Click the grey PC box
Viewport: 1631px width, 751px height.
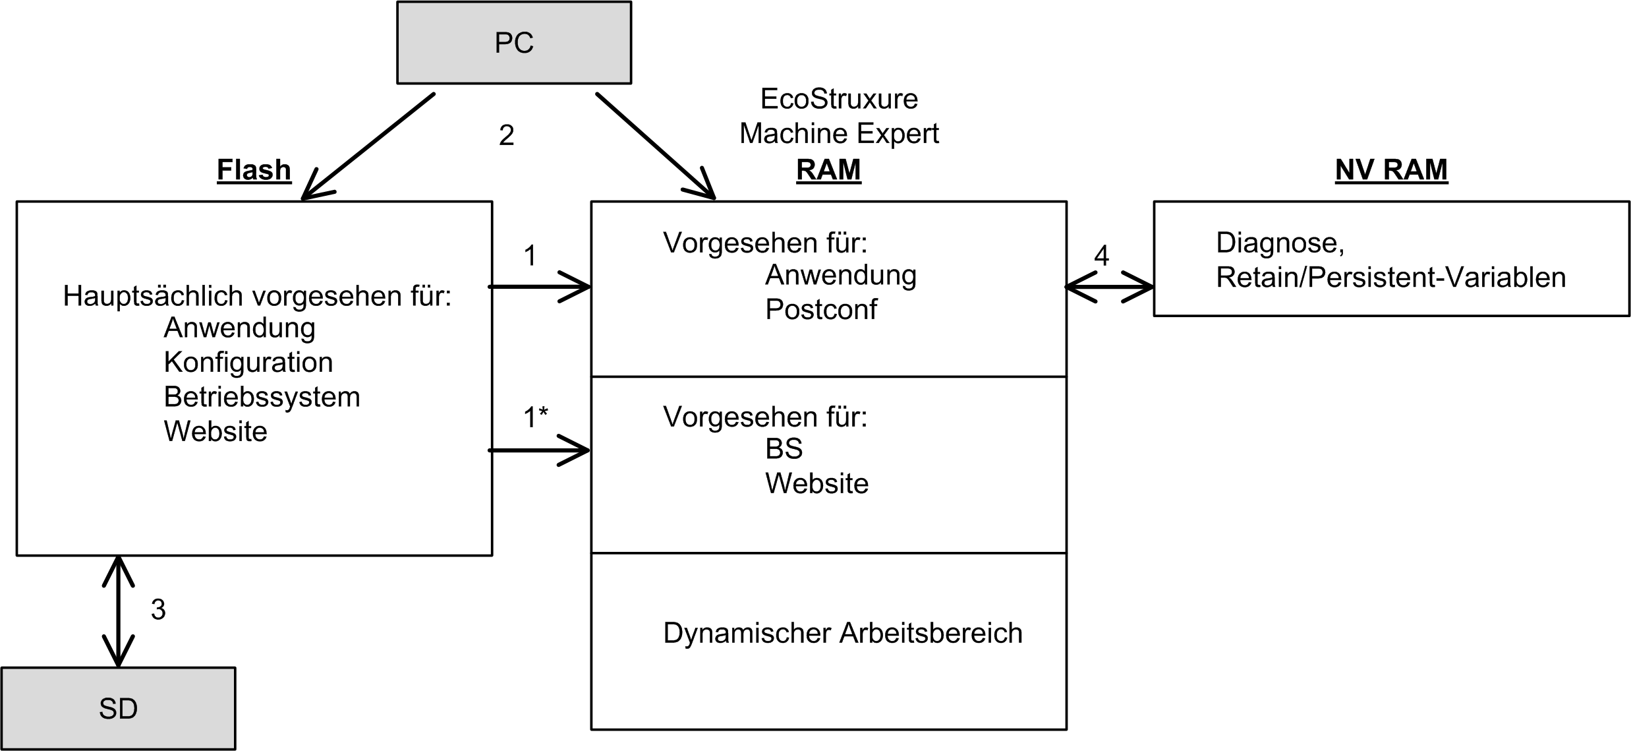(513, 43)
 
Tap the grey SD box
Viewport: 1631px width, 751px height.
(118, 708)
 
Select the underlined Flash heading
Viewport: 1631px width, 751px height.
(254, 170)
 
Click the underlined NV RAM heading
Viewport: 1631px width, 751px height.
(1391, 170)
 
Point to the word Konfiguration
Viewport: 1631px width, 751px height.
(248, 362)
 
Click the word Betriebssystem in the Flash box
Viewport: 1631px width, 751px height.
(262, 397)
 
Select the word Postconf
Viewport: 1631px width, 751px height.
(821, 309)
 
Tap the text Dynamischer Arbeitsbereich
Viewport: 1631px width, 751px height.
(842, 633)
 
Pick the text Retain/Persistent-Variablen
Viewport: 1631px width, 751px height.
(1390, 278)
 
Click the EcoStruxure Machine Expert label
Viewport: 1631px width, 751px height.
(839, 116)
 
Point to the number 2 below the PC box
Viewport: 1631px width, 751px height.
(506, 135)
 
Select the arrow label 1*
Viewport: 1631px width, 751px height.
(535, 417)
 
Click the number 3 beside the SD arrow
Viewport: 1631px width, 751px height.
(158, 610)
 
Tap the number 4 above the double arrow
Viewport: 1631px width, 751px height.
(1101, 256)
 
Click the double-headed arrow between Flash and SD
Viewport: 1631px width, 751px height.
(119, 611)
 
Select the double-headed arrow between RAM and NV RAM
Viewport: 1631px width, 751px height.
(1110, 287)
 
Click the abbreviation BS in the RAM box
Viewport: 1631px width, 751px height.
(784, 449)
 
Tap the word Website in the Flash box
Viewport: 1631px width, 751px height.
(215, 431)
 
